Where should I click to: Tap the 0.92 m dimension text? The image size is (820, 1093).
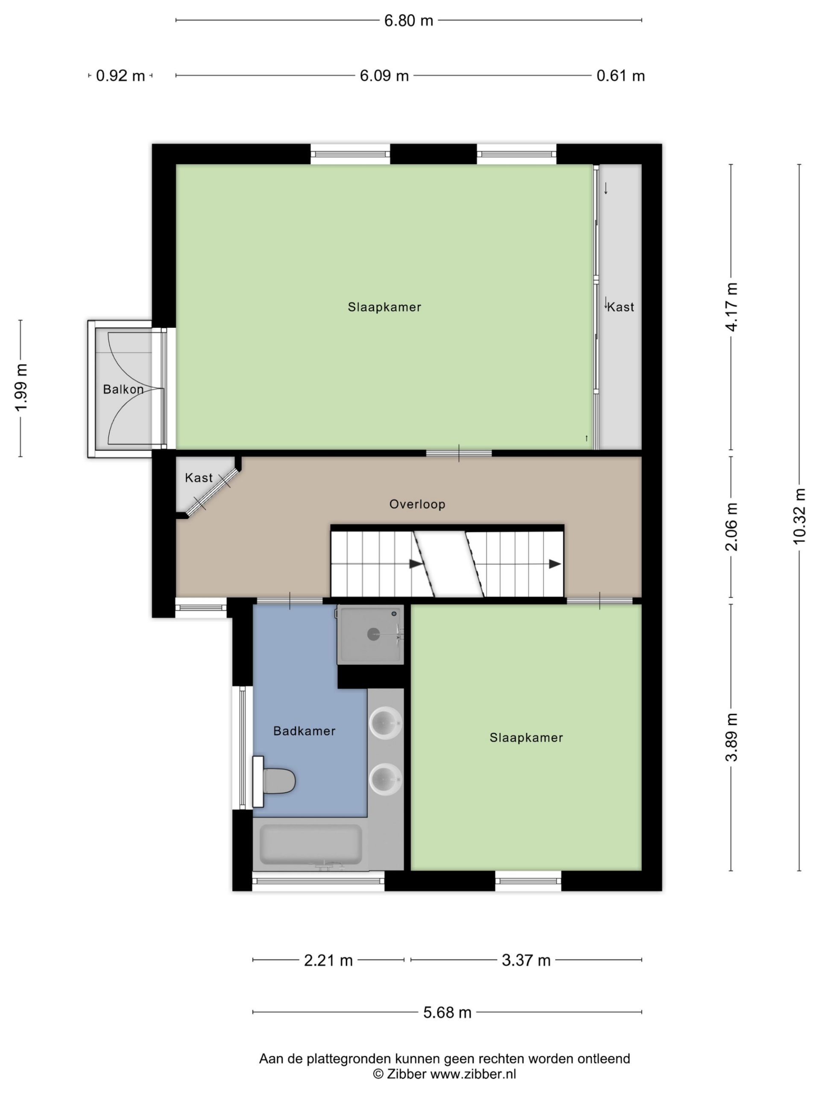120,76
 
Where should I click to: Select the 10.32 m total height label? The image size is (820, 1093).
799,516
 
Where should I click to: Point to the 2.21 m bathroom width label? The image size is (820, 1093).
328,960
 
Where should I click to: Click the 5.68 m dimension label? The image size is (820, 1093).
447,1012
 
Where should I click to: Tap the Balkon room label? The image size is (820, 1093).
123,389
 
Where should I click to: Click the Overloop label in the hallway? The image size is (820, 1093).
417,505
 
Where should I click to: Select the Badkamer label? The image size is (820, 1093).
304,731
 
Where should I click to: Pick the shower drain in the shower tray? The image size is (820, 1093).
373,634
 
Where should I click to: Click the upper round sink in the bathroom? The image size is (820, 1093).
386,723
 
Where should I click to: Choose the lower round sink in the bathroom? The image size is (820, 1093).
386,779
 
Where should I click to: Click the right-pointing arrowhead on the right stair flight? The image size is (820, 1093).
555,564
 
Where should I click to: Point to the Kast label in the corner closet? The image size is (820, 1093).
199,478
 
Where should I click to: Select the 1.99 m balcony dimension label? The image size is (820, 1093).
21,388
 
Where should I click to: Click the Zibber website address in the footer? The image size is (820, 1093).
473,1074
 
